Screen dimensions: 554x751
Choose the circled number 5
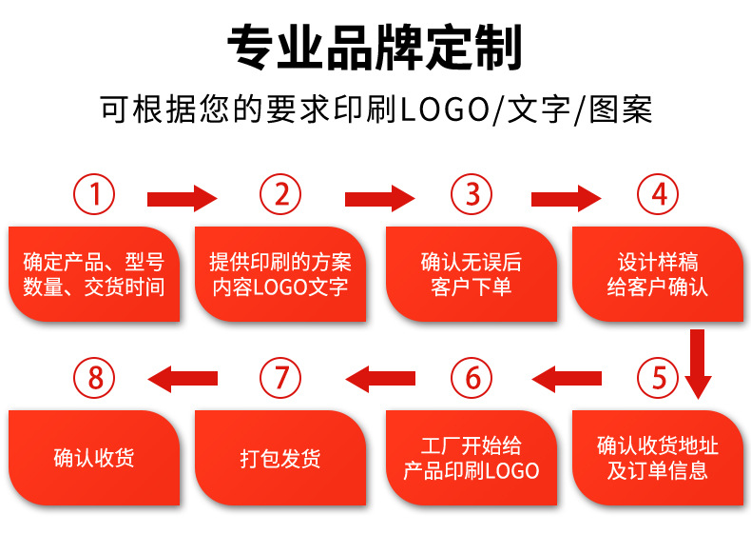(x=659, y=379)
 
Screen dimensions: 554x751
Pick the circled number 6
(x=472, y=379)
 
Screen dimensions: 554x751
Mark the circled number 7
(x=281, y=379)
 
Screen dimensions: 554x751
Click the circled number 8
(x=94, y=379)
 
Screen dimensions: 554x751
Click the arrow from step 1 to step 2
(x=183, y=199)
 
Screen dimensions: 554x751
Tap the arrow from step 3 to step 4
(x=566, y=199)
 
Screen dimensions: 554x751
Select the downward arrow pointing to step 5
(x=698, y=364)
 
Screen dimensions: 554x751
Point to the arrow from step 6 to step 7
(x=379, y=380)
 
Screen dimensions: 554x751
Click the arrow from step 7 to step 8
(x=183, y=380)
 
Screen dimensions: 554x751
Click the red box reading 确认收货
(x=94, y=458)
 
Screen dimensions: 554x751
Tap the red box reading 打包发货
(x=281, y=458)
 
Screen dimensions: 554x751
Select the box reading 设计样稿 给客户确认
(x=659, y=274)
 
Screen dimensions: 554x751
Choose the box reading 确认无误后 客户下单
(x=472, y=274)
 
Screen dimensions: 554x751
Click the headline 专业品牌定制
(x=375, y=48)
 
